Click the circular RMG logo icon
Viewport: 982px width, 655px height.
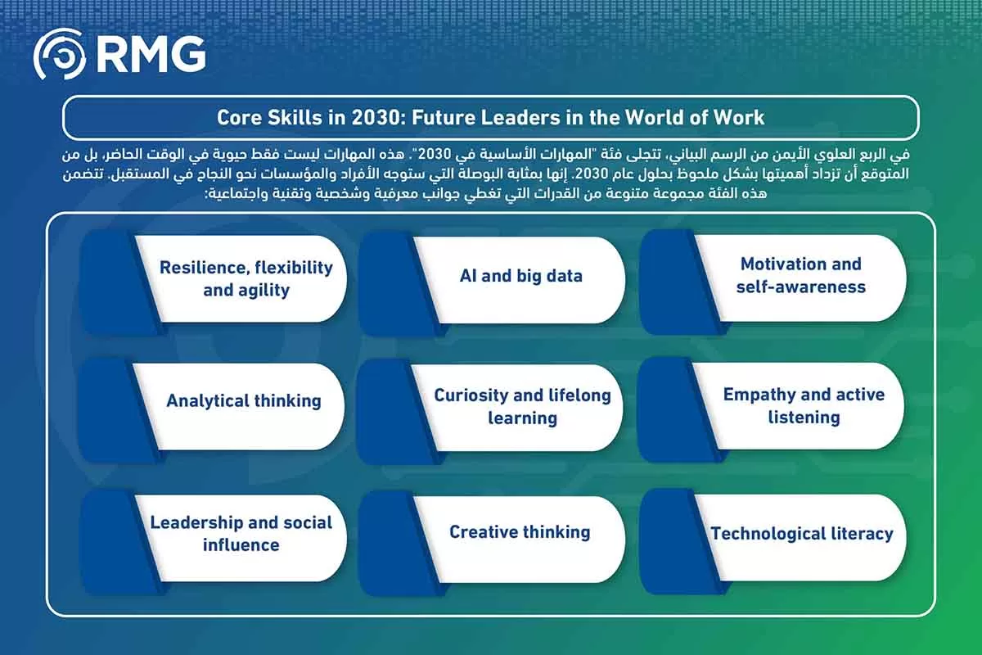pyautogui.click(x=60, y=54)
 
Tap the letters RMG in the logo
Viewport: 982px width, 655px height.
pyautogui.click(x=151, y=54)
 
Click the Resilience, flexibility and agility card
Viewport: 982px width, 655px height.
pyautogui.click(x=214, y=282)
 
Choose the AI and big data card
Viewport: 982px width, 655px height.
pyautogui.click(x=493, y=283)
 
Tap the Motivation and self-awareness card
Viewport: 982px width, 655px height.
pyautogui.click(x=773, y=282)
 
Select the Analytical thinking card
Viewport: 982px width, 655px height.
pyautogui.click(x=212, y=410)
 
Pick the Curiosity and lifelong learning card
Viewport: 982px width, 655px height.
pyautogui.click(x=489, y=412)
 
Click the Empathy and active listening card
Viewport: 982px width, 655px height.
pyautogui.click(x=770, y=409)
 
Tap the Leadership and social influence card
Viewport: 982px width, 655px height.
pyautogui.click(x=214, y=542)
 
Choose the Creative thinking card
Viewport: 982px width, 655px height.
pyautogui.click(x=493, y=544)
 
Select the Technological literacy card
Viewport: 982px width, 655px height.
pyautogui.click(x=773, y=542)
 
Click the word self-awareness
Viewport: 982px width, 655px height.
pyautogui.click(x=801, y=287)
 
